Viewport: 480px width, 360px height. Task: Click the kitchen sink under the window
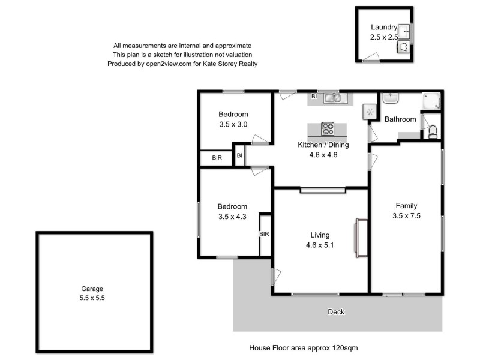332,98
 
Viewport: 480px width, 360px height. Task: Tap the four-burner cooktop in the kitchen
328,128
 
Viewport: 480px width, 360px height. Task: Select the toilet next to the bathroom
433,130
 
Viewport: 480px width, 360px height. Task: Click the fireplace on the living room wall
362,238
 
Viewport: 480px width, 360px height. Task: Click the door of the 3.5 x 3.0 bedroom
260,140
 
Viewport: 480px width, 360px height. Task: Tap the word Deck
336,312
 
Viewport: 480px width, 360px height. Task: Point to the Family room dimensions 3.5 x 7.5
406,215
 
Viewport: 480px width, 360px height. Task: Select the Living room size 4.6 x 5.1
320,245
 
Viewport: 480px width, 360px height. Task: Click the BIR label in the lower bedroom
264,235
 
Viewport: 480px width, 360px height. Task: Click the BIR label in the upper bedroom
217,158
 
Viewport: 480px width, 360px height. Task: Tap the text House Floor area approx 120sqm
304,347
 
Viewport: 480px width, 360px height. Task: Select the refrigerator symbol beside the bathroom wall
370,112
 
